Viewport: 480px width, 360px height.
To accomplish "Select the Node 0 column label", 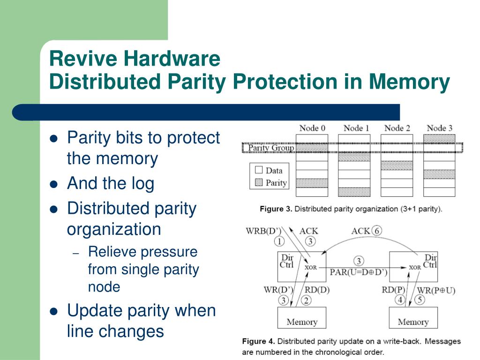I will (312, 128).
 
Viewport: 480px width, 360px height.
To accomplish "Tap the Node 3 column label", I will (439, 128).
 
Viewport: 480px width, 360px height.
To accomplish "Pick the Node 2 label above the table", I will (397, 128).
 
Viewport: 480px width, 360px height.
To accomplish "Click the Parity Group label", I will (270, 148).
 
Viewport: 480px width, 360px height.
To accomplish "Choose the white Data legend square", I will (258, 171).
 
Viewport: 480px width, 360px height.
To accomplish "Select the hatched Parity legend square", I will (258, 183).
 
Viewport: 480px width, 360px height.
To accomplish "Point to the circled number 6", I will (376, 231).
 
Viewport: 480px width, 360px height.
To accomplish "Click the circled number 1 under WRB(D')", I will (279, 241).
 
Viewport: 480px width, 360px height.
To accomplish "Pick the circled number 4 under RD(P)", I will (400, 300).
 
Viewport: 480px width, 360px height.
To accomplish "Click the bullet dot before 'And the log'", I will (54, 184).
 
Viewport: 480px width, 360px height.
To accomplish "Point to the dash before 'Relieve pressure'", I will (77, 253).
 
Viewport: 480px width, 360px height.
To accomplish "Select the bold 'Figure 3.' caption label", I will (276, 209).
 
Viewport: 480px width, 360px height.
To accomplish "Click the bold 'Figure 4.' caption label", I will (259, 342).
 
